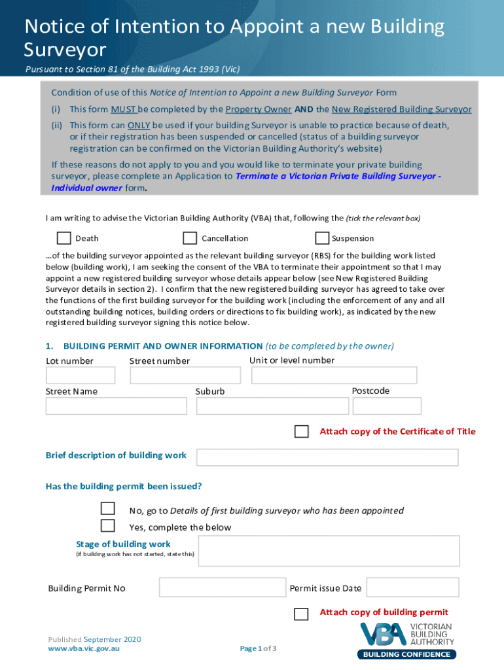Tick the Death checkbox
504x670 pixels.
tap(63, 238)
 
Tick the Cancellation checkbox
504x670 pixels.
tap(190, 238)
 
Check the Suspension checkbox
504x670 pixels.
tap(322, 238)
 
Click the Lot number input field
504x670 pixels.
tap(81, 375)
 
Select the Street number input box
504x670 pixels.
tap(185, 375)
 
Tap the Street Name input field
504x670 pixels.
tap(116, 406)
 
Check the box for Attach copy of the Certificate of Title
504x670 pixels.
tap(301, 431)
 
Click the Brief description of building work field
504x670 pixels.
tap(327, 457)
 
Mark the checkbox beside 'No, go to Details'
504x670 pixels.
tap(107, 509)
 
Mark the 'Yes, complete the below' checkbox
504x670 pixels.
tap(107, 525)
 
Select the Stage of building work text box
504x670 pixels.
tap(329, 551)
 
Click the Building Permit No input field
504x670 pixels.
tap(223, 588)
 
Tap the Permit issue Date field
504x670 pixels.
tap(412, 588)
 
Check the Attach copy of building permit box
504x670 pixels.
tap(301, 614)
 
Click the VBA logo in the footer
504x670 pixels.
tap(406, 641)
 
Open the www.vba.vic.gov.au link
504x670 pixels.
tap(84, 648)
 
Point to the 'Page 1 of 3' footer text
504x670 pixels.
tap(258, 648)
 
